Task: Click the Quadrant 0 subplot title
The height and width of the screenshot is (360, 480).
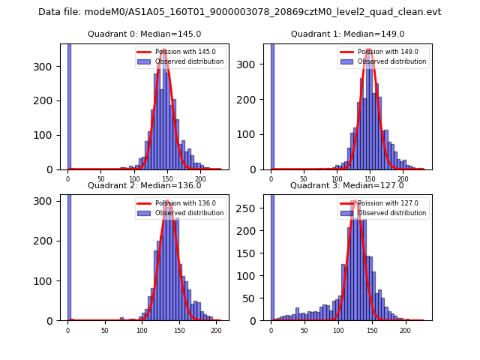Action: point(144,34)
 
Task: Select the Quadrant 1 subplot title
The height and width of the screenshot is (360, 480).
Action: point(347,34)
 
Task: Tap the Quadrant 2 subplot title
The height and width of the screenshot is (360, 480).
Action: point(144,185)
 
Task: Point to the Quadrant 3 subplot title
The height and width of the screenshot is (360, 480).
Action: point(347,185)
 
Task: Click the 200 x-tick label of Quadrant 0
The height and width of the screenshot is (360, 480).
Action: point(201,180)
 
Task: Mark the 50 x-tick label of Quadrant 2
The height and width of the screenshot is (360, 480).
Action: point(104,330)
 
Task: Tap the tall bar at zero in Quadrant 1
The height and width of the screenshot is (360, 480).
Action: point(271,105)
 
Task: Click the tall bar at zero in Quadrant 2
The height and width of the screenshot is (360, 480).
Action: point(68,255)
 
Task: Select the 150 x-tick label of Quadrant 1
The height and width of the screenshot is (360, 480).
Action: point(370,180)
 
